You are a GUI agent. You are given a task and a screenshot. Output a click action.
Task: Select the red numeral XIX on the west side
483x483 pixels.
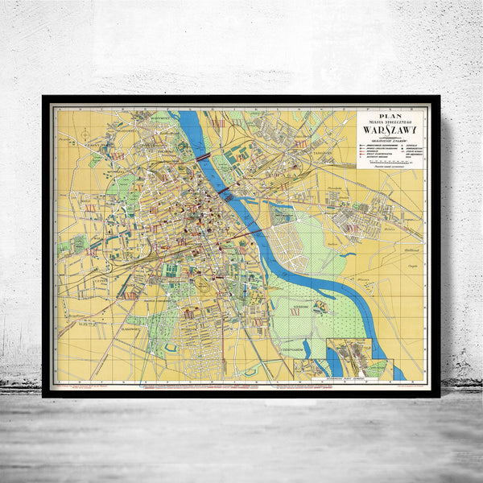point(91,208)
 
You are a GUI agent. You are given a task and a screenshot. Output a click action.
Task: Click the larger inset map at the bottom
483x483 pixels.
point(350,357)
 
